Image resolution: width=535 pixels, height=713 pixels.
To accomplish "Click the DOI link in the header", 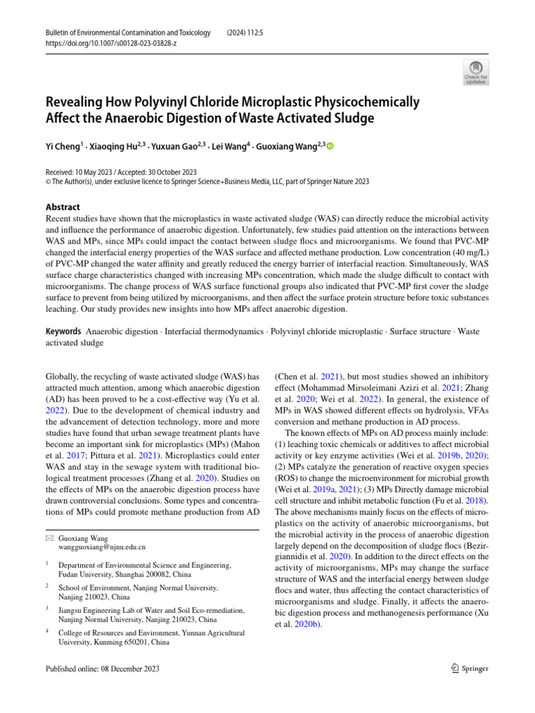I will pyautogui.click(x=110, y=42).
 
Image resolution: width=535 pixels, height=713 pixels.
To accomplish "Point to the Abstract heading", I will pyautogui.click(x=63, y=207).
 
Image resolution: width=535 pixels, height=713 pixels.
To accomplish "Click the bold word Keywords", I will pyautogui.click(x=63, y=331).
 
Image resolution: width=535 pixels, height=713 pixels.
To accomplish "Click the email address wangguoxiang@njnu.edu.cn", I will pyautogui.click(x=102, y=547).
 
